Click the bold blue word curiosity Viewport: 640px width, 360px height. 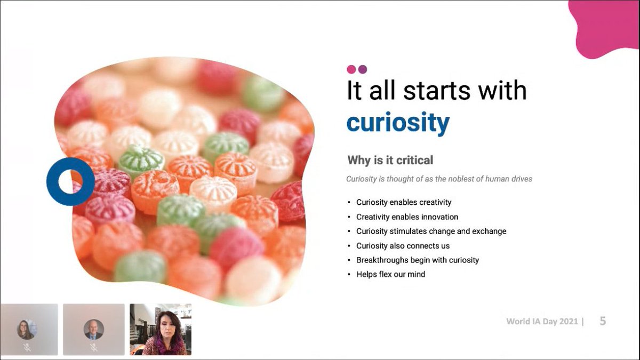pos(398,123)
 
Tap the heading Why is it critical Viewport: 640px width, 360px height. pos(390,160)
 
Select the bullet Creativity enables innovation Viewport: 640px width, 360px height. pos(407,217)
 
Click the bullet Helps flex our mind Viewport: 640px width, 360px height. pos(390,275)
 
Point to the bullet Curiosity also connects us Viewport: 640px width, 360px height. pos(403,246)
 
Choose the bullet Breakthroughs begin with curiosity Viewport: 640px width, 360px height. pos(418,260)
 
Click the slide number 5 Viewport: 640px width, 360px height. pos(603,321)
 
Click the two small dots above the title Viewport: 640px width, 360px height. pos(357,69)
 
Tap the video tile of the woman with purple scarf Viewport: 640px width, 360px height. pos(160,329)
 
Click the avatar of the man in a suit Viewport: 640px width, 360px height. pos(93,329)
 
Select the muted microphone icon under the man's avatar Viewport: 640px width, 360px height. pos(93,347)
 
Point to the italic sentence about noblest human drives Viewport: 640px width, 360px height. pos(439,179)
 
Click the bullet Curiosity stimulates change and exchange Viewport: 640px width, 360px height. pos(431,231)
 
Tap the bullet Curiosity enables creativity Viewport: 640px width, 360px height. pos(404,203)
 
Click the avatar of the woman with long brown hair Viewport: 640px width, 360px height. pos(26,329)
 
